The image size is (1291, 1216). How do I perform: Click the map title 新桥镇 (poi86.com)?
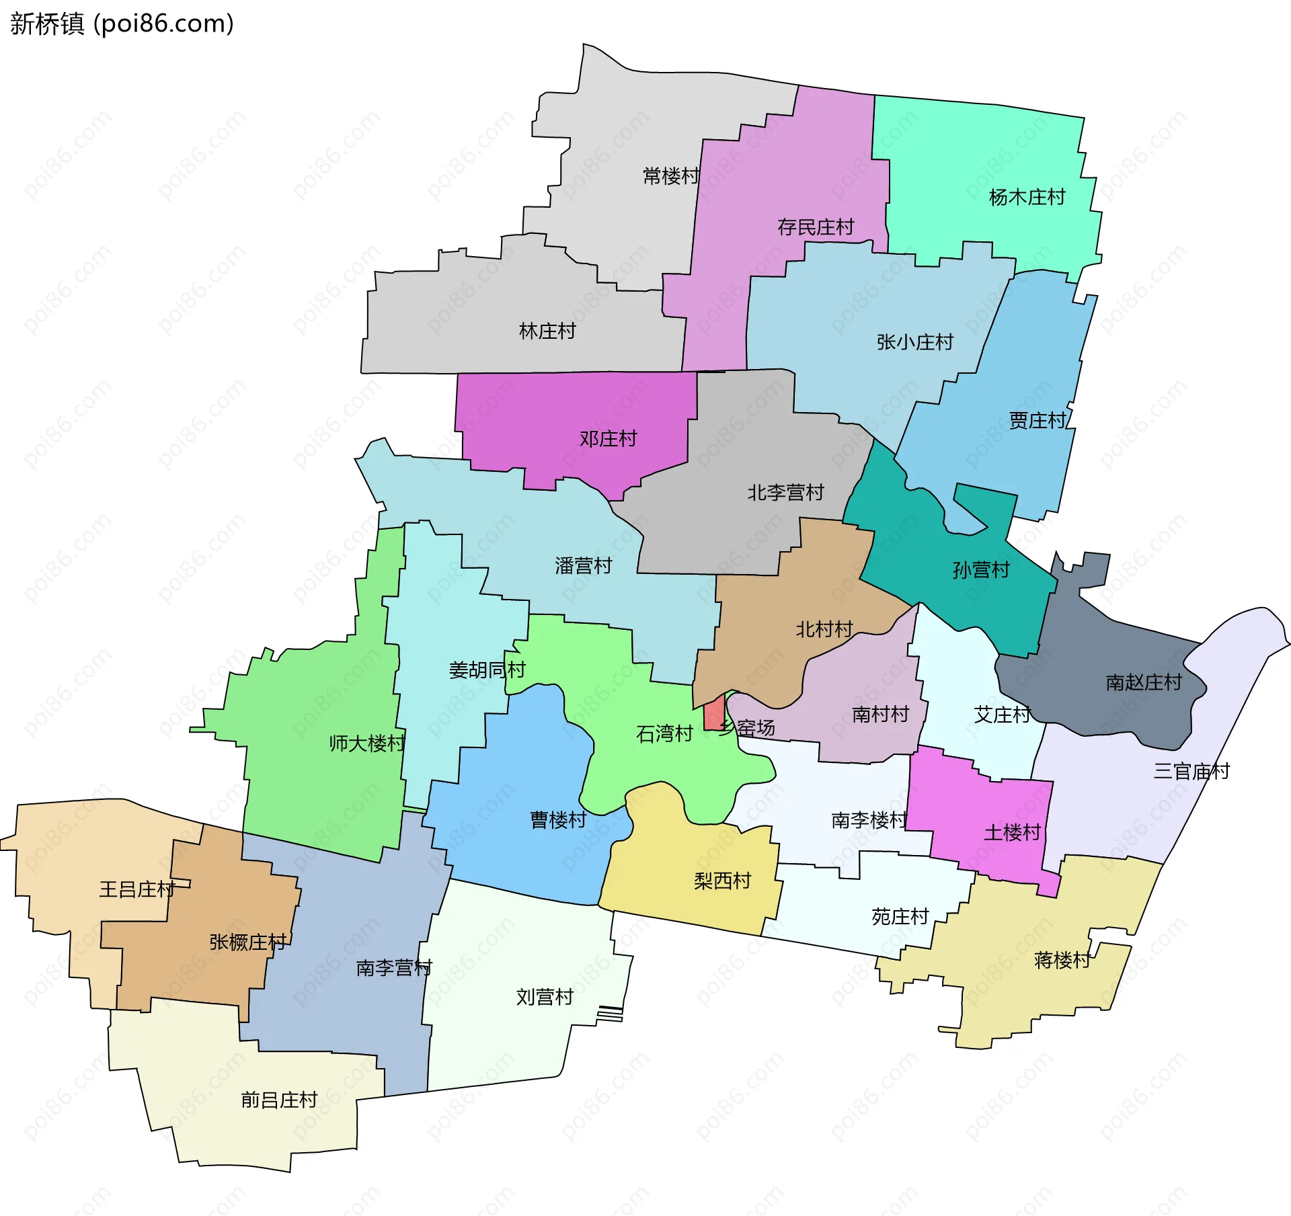(122, 24)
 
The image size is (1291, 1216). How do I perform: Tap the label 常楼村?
(671, 176)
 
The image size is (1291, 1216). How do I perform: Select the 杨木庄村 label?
(1027, 197)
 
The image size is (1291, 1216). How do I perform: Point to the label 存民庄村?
(815, 227)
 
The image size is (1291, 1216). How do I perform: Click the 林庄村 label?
(547, 331)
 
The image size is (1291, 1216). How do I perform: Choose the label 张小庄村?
(914, 342)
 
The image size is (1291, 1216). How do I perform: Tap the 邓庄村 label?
(608, 439)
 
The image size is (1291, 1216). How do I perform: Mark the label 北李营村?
(785, 493)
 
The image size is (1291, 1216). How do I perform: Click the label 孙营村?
(981, 570)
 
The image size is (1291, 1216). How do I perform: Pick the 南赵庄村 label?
(1143, 682)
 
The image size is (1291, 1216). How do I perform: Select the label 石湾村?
(664, 733)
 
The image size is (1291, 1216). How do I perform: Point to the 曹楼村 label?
(558, 819)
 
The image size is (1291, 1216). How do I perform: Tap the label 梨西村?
(722, 881)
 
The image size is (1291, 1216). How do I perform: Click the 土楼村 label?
(1012, 833)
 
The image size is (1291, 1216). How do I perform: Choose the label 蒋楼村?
(1062, 960)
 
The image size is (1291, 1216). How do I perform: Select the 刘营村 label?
(545, 996)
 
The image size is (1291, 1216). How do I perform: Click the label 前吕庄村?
(279, 1100)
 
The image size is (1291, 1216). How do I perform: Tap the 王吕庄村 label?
(137, 889)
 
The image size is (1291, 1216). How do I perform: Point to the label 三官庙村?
(1191, 771)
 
